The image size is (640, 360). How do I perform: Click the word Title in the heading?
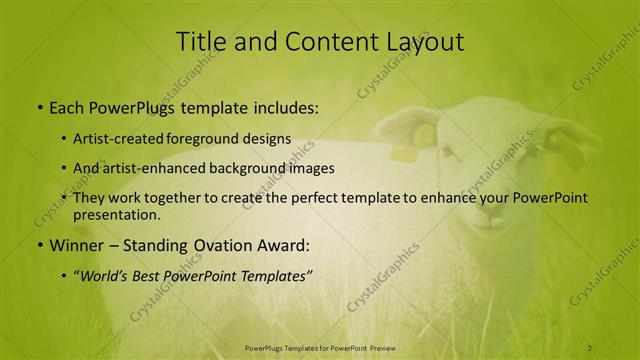coord(199,42)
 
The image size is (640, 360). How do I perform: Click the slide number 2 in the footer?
coord(590,346)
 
